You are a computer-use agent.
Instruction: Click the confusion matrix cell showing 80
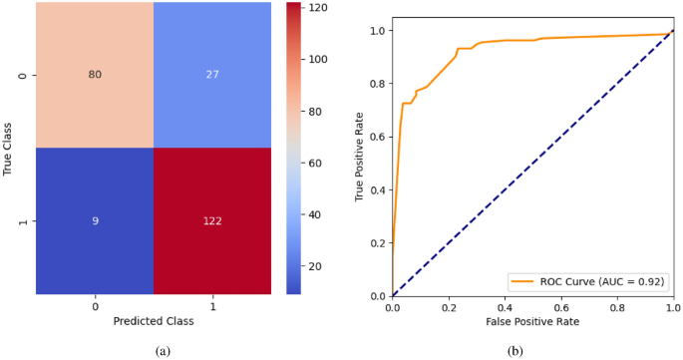pos(95,75)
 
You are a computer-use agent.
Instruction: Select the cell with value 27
pos(211,75)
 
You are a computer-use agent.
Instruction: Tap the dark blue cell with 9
pos(95,221)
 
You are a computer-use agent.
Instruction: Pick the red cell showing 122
pos(211,221)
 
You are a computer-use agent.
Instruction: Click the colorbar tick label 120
pos(319,7)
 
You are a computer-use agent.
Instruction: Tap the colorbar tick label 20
pos(316,266)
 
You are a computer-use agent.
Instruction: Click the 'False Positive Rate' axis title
pos(533,323)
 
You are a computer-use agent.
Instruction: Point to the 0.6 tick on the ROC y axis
pos(376,137)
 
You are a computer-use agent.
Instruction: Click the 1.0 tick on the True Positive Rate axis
pos(376,30)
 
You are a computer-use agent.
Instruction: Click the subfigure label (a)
pos(163,351)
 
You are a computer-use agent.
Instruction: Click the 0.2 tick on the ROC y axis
pos(376,243)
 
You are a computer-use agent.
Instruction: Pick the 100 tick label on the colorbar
pos(319,59)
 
